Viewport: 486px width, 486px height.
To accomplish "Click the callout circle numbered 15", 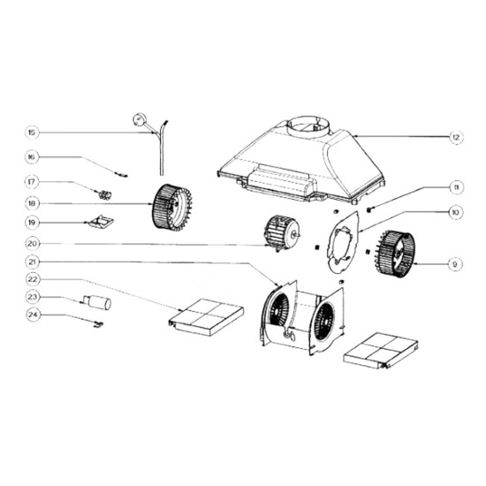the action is click(x=32, y=133).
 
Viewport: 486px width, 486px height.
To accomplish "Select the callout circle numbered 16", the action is click(x=32, y=156).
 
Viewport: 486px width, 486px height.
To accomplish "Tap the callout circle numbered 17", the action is click(x=32, y=182).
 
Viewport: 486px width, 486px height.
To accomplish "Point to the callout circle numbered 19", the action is click(x=32, y=223).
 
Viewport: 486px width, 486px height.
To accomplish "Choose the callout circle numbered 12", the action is click(x=456, y=137).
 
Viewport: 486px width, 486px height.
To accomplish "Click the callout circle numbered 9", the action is click(x=455, y=264).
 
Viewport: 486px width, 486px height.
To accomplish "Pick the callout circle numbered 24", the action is click(x=33, y=315).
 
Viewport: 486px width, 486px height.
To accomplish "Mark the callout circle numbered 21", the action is click(x=32, y=262).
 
